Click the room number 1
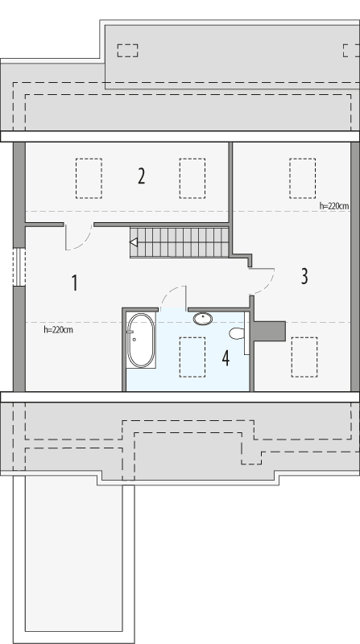(x=74, y=283)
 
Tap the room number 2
(x=141, y=175)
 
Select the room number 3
(x=304, y=276)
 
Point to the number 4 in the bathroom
(x=226, y=358)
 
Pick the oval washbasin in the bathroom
(x=203, y=318)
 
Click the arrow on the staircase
(x=134, y=242)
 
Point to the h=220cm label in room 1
(x=59, y=329)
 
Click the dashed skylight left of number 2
(x=89, y=178)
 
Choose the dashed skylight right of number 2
(x=192, y=178)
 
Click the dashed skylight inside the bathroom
(x=192, y=356)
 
